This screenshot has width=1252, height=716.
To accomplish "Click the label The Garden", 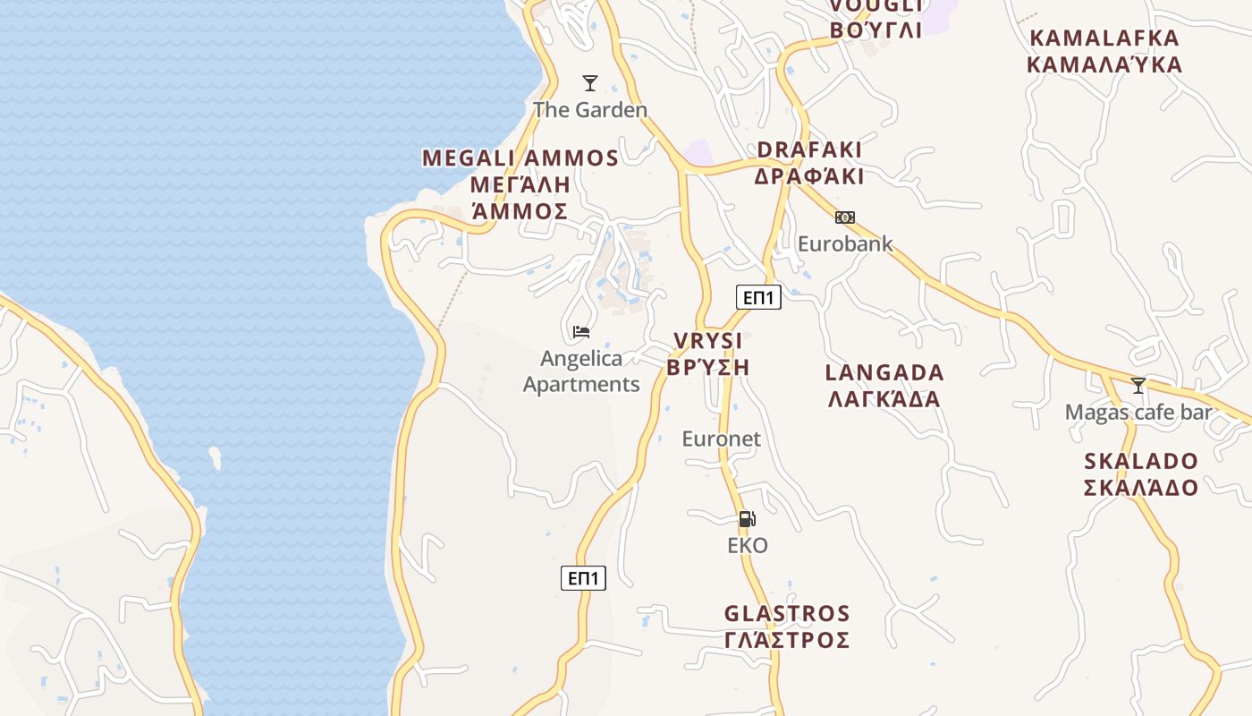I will pyautogui.click(x=590, y=110).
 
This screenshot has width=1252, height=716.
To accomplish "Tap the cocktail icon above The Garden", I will pyautogui.click(x=590, y=83).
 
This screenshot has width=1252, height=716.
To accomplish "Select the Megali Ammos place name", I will pyautogui.click(x=520, y=184).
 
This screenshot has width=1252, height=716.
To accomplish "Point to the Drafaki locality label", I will pyautogui.click(x=809, y=163).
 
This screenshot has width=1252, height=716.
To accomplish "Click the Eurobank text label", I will pyautogui.click(x=845, y=243).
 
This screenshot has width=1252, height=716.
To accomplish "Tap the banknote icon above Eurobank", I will pyautogui.click(x=845, y=217).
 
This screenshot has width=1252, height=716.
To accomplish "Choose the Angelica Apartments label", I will pyautogui.click(x=581, y=371).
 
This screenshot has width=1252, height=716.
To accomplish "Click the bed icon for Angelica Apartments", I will pyautogui.click(x=581, y=332).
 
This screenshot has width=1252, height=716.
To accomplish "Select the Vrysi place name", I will pyautogui.click(x=707, y=354).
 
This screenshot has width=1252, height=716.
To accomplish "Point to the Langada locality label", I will pyautogui.click(x=884, y=386).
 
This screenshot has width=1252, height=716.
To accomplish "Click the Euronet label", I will pyautogui.click(x=721, y=439).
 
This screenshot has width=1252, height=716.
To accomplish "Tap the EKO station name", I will pyautogui.click(x=748, y=545).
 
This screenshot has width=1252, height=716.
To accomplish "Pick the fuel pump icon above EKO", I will pyautogui.click(x=747, y=519).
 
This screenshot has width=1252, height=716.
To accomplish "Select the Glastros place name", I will pyautogui.click(x=787, y=626).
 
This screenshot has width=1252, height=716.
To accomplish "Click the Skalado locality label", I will pyautogui.click(x=1141, y=474).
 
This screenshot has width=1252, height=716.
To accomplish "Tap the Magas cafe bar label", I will pyautogui.click(x=1138, y=413).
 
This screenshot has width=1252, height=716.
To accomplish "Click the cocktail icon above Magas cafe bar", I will pyautogui.click(x=1138, y=386).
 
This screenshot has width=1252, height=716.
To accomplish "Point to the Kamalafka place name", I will pyautogui.click(x=1104, y=51).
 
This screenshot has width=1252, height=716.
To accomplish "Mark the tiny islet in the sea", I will pyautogui.click(x=216, y=457).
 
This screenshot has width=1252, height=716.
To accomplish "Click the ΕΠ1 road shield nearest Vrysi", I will pyautogui.click(x=758, y=297).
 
